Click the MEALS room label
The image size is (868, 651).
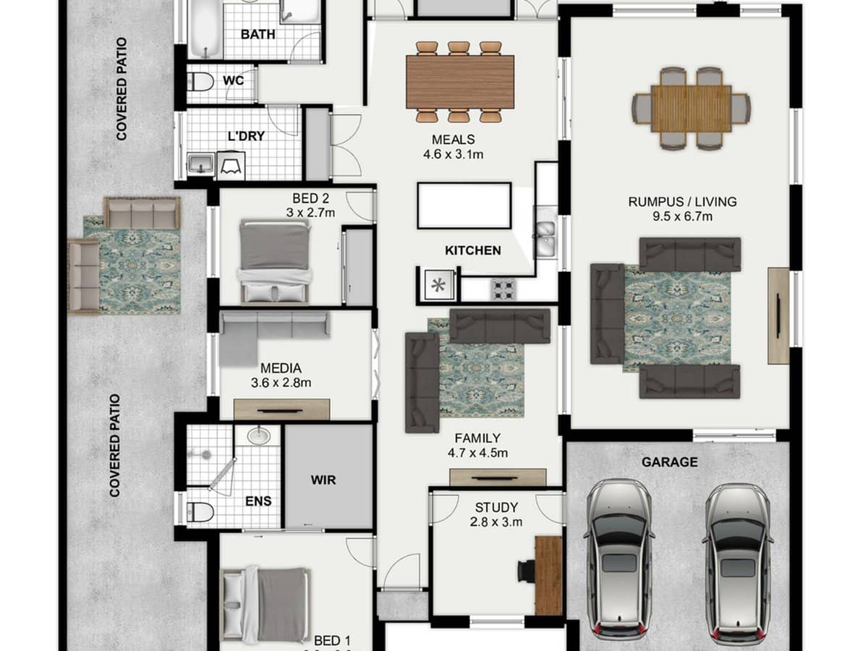click(453, 140)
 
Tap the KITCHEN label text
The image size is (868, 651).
click(472, 250)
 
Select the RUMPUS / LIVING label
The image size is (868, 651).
click(682, 202)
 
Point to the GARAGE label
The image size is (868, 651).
click(669, 461)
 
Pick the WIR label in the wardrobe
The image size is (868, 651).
click(323, 479)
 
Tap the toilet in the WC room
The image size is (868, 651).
click(200, 82)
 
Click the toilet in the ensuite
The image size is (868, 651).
click(200, 511)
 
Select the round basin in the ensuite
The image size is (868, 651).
click(258, 435)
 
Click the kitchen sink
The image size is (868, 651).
click(545, 232)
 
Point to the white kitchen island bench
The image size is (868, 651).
click(464, 205)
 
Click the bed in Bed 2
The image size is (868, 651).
click(275, 260)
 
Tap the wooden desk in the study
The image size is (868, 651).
click(549, 575)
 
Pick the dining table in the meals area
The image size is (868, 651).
click(460, 81)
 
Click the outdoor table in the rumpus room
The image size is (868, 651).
click(691, 109)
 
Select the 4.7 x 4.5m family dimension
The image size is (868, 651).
click(477, 454)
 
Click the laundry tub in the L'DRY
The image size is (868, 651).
click(200, 163)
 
